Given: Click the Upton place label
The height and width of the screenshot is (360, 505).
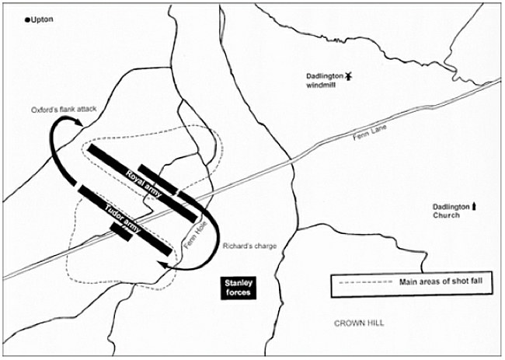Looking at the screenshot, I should click(43, 19).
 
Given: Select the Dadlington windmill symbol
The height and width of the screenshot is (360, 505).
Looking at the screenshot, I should click(350, 75).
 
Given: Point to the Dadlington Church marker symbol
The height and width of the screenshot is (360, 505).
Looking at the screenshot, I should click(475, 206).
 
